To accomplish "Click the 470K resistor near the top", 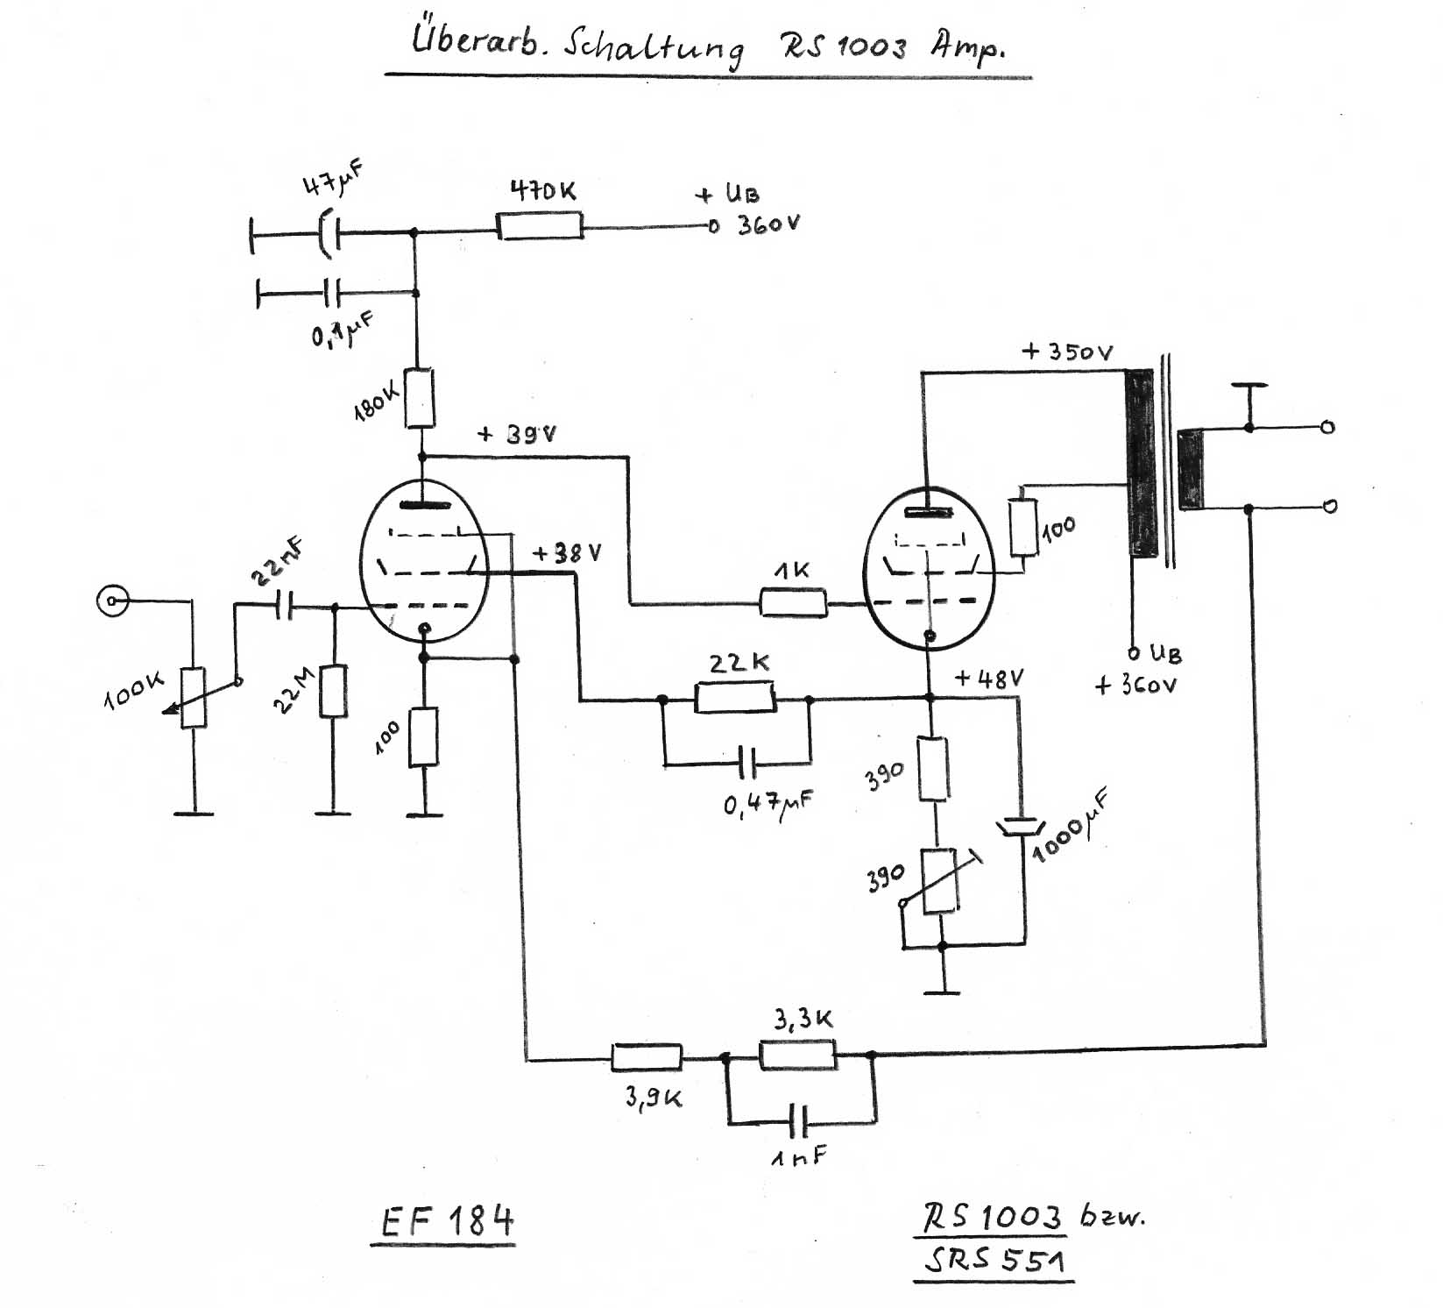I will pyautogui.click(x=540, y=227).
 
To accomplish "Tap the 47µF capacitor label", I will pyautogui.click(x=333, y=179).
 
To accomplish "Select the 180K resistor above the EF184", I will pyautogui.click(x=421, y=398).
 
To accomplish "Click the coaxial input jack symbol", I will pyautogui.click(x=112, y=601).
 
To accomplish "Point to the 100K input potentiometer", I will pyautogui.click(x=194, y=698).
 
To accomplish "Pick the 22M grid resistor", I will pyautogui.click(x=333, y=691).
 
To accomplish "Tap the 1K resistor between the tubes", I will pyautogui.click(x=792, y=603).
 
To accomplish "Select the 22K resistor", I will pyautogui.click(x=734, y=699).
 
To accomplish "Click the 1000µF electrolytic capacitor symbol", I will pyautogui.click(x=1021, y=827).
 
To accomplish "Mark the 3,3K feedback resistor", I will pyautogui.click(x=797, y=1055).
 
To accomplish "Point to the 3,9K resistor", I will pyautogui.click(x=646, y=1057).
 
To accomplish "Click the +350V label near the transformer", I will pyautogui.click(x=1067, y=352).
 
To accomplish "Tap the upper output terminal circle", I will pyautogui.click(x=1327, y=428).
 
